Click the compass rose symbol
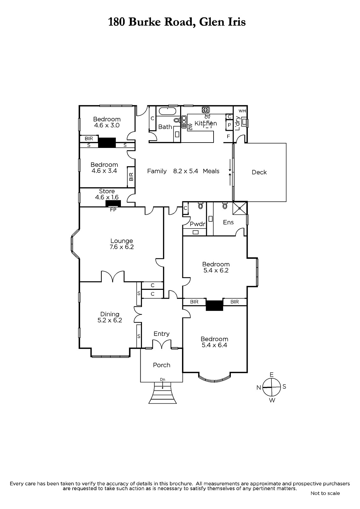(272, 387)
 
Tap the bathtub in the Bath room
(167, 111)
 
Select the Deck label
(259, 172)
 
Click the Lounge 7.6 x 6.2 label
(122, 244)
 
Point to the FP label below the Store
(113, 210)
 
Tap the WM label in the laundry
(242, 111)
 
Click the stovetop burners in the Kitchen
(206, 110)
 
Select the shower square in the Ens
(240, 208)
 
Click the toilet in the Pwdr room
(201, 206)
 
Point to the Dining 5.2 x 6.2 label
(110, 317)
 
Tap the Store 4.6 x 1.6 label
(107, 194)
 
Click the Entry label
(161, 334)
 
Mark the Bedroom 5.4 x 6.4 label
(214, 342)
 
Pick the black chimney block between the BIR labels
(215, 305)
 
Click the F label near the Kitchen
(229, 136)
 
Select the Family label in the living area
(157, 171)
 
